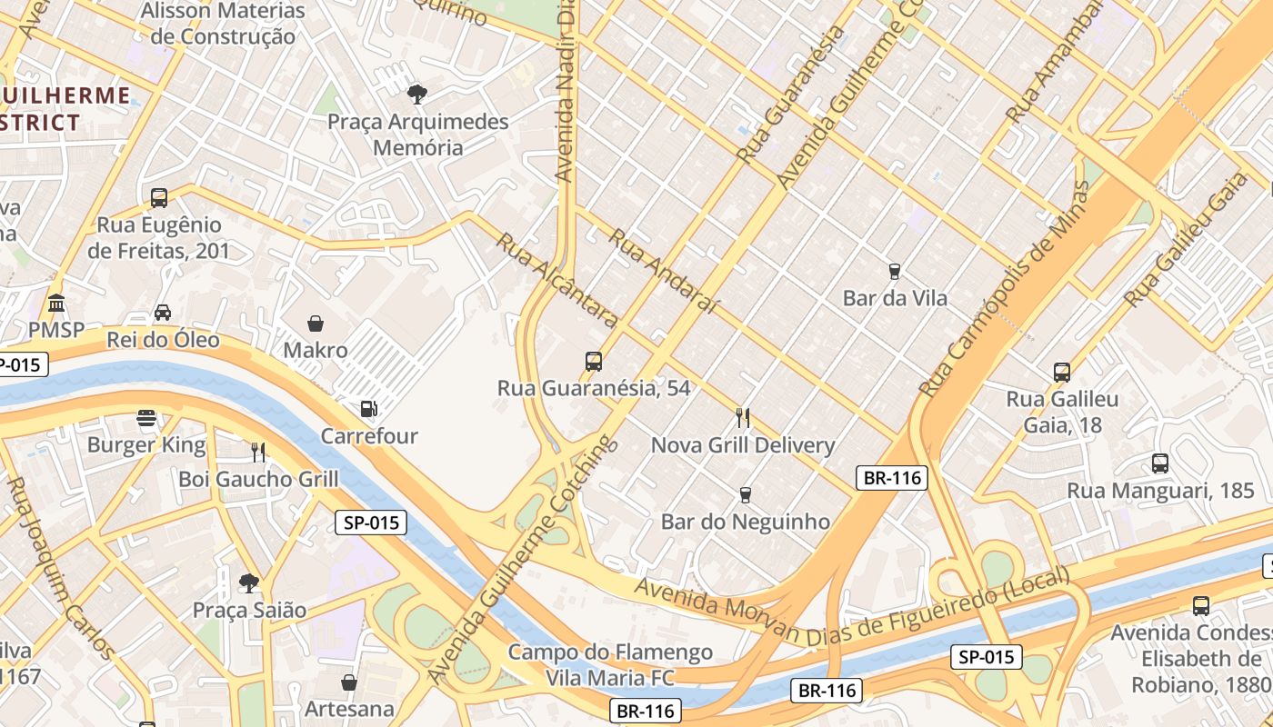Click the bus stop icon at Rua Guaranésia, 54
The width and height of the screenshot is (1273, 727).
point(594,362)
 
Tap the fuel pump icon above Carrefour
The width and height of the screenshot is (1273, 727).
point(369,409)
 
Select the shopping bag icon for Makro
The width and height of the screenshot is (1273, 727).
point(316,324)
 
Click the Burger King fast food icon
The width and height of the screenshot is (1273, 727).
point(146,418)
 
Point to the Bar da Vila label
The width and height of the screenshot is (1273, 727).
point(895,298)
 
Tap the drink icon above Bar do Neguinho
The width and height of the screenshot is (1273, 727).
point(746,494)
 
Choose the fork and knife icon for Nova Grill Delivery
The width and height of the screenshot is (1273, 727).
point(744,418)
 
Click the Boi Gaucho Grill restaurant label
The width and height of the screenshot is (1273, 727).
point(258,479)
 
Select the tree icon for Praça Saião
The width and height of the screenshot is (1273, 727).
point(249,583)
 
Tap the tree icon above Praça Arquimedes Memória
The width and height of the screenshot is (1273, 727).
point(417,94)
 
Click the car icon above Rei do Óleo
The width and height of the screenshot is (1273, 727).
point(163,313)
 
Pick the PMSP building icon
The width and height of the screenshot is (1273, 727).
point(56,303)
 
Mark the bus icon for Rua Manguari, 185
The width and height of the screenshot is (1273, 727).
point(1160,463)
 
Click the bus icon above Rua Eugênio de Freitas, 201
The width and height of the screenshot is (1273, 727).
point(159,197)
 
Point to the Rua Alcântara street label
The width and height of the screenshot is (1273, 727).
point(557,281)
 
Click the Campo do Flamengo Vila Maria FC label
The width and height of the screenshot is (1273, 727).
point(610,664)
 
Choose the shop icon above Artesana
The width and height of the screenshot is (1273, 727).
point(349,682)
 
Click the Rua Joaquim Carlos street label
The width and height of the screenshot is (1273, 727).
point(60,568)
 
